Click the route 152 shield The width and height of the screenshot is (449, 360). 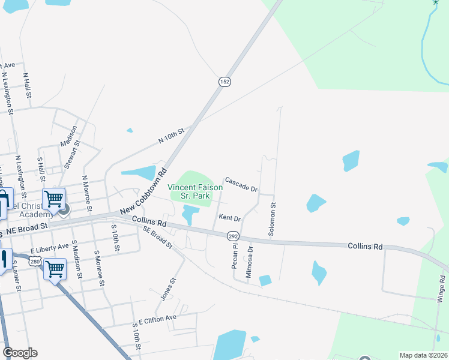(x=224, y=82)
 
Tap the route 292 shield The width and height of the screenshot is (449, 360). (x=234, y=237)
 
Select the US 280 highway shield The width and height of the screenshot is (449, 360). (x=35, y=262)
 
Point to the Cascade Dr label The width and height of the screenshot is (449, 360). (x=241, y=184)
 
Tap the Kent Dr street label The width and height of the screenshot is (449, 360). (x=229, y=218)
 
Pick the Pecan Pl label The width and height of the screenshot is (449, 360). (x=235, y=256)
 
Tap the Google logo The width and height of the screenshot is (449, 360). (x=20, y=353)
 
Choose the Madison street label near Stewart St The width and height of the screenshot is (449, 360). (x=68, y=136)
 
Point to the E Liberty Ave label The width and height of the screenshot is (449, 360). (x=50, y=248)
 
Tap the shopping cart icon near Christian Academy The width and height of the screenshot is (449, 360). (x=54, y=199)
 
